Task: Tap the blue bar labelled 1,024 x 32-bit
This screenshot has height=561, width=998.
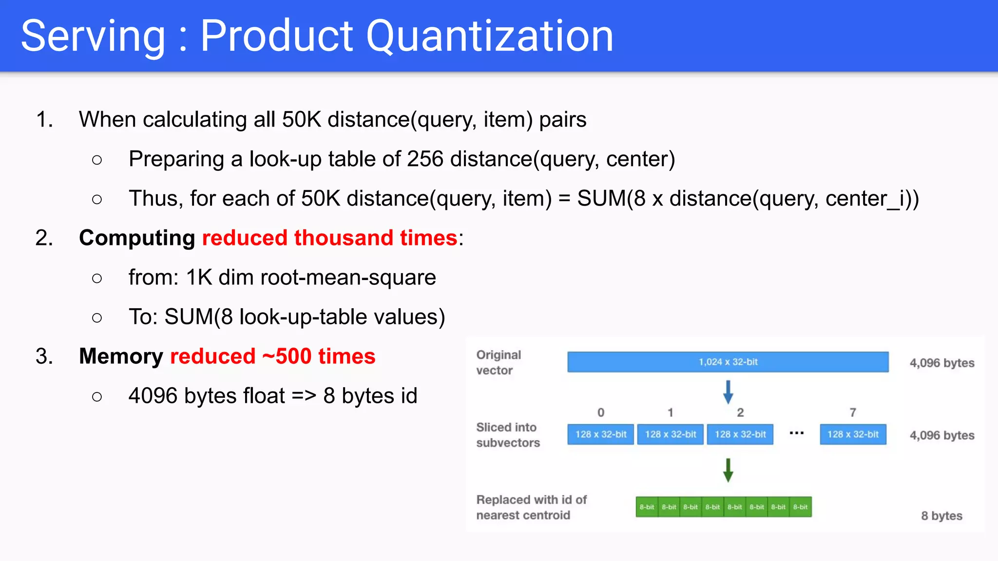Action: pos(728,362)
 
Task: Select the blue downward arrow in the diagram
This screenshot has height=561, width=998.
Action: pos(728,392)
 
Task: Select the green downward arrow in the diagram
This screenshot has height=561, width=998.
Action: pos(728,470)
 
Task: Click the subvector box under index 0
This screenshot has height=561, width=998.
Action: pos(600,434)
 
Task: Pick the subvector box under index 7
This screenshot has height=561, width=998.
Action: pos(853,434)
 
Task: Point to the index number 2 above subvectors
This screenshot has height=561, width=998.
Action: pos(740,412)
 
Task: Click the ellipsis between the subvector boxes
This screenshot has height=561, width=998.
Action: pos(796,433)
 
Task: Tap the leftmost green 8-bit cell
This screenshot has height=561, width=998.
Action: pos(647,507)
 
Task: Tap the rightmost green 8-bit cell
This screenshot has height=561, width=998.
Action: pos(800,507)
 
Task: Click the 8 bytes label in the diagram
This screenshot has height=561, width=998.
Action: pos(941,516)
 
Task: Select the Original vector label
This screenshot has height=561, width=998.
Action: pos(499,362)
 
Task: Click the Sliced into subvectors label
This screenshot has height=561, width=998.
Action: pos(508,435)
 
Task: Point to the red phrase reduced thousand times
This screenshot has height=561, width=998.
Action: pos(329,238)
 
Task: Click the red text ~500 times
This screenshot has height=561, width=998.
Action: pos(319,356)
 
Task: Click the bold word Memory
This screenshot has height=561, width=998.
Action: pos(121,356)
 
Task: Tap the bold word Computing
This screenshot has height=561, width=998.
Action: pos(137,238)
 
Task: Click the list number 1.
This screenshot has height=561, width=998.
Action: pos(44,120)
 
